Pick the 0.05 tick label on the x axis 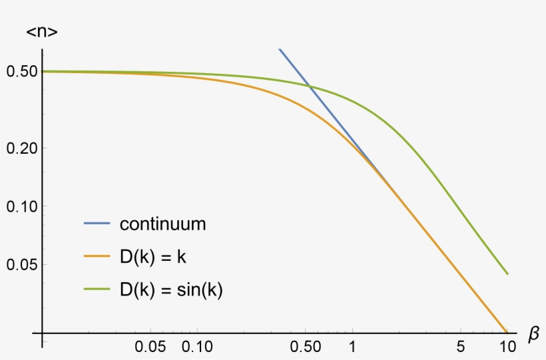tap(150, 347)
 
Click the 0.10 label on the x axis tap(197, 347)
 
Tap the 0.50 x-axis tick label tap(305, 347)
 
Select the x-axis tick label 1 tap(352, 347)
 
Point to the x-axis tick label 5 tap(461, 347)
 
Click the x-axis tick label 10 tap(507, 347)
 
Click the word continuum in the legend tap(162, 224)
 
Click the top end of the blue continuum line tap(280, 49)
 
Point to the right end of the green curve tap(507, 273)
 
